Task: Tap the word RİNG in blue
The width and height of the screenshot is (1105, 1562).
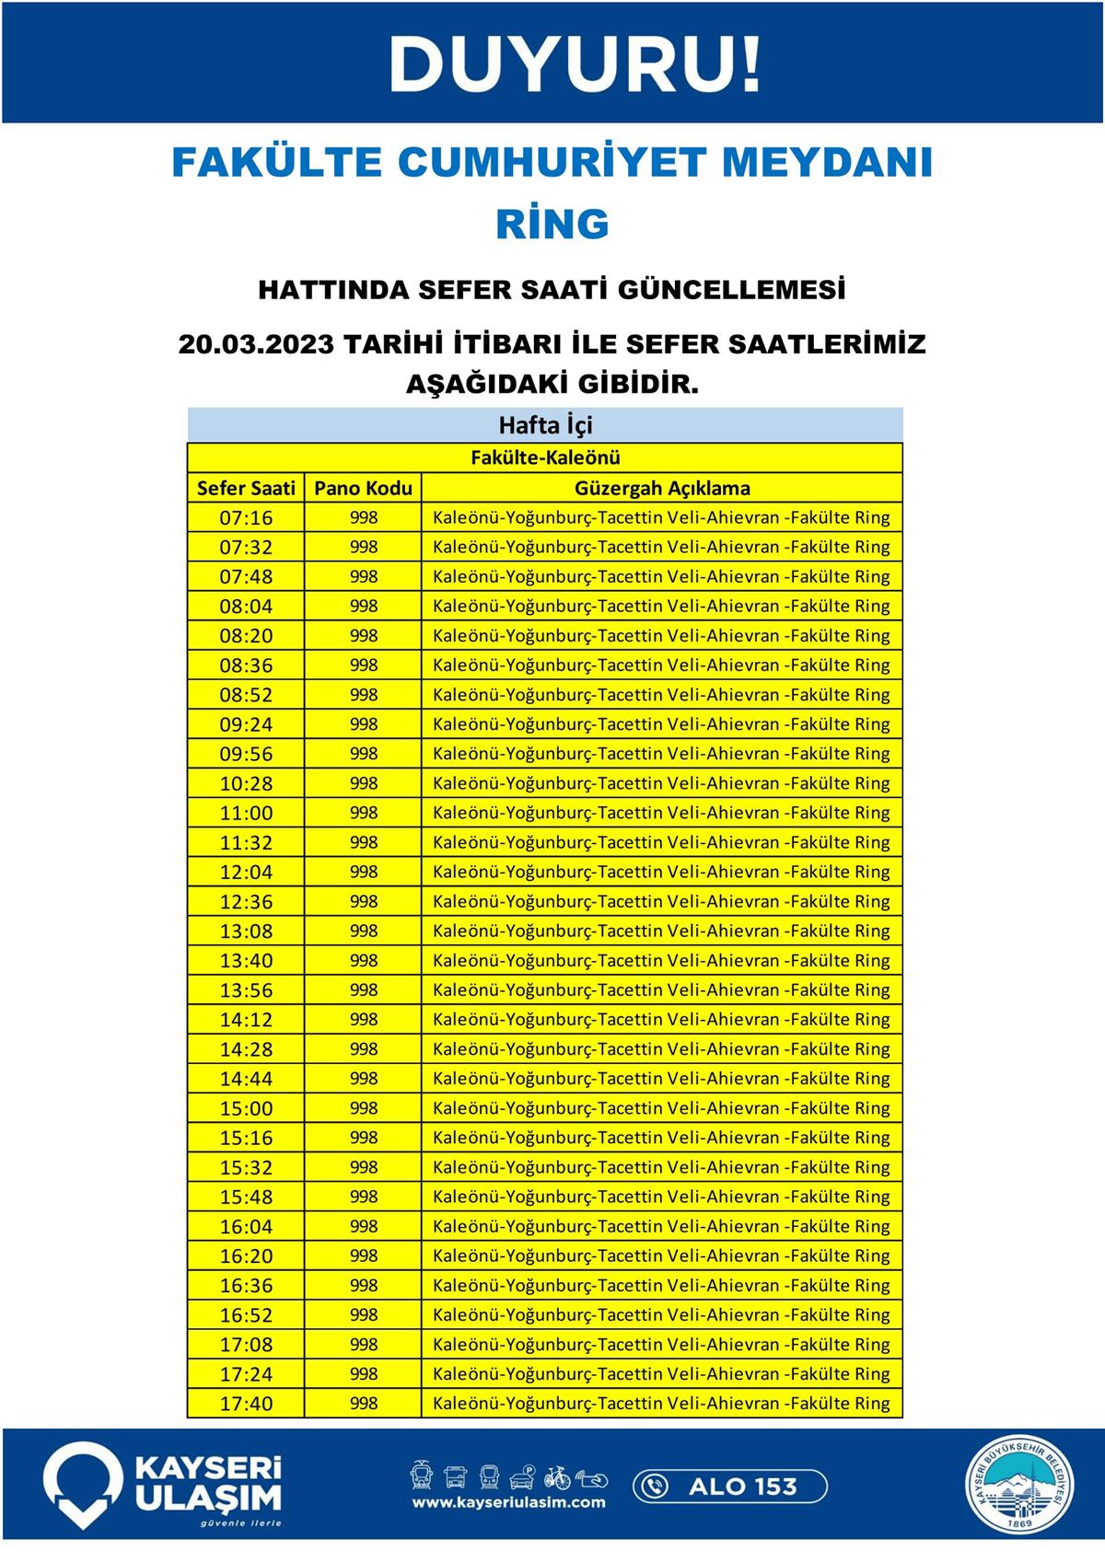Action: tap(552, 224)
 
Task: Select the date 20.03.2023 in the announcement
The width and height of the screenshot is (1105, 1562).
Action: tap(256, 344)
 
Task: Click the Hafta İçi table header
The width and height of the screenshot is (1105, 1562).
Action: tap(545, 425)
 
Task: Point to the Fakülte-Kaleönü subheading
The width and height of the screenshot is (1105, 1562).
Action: tap(545, 457)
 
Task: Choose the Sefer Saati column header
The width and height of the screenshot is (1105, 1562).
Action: tap(246, 488)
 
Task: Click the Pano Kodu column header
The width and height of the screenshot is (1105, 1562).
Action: tap(363, 488)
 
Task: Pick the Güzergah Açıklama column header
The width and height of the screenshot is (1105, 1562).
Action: tap(662, 488)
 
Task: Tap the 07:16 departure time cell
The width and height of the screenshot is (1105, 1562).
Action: tap(246, 517)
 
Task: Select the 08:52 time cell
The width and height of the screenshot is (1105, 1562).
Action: tap(246, 695)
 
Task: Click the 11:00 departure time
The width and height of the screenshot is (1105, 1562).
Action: tap(246, 813)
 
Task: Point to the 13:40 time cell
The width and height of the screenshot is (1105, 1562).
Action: tap(246, 960)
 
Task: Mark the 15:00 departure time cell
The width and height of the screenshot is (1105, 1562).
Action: tap(246, 1108)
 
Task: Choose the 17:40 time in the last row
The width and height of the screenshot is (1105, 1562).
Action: tap(246, 1404)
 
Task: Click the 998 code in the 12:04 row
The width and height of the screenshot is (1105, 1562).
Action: tap(364, 872)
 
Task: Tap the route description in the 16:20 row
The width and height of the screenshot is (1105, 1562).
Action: tap(661, 1255)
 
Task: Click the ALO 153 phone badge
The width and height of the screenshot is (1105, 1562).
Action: tap(729, 1486)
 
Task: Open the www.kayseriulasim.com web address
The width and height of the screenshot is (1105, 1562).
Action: tap(508, 1503)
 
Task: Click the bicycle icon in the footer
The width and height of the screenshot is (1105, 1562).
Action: tap(556, 1477)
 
